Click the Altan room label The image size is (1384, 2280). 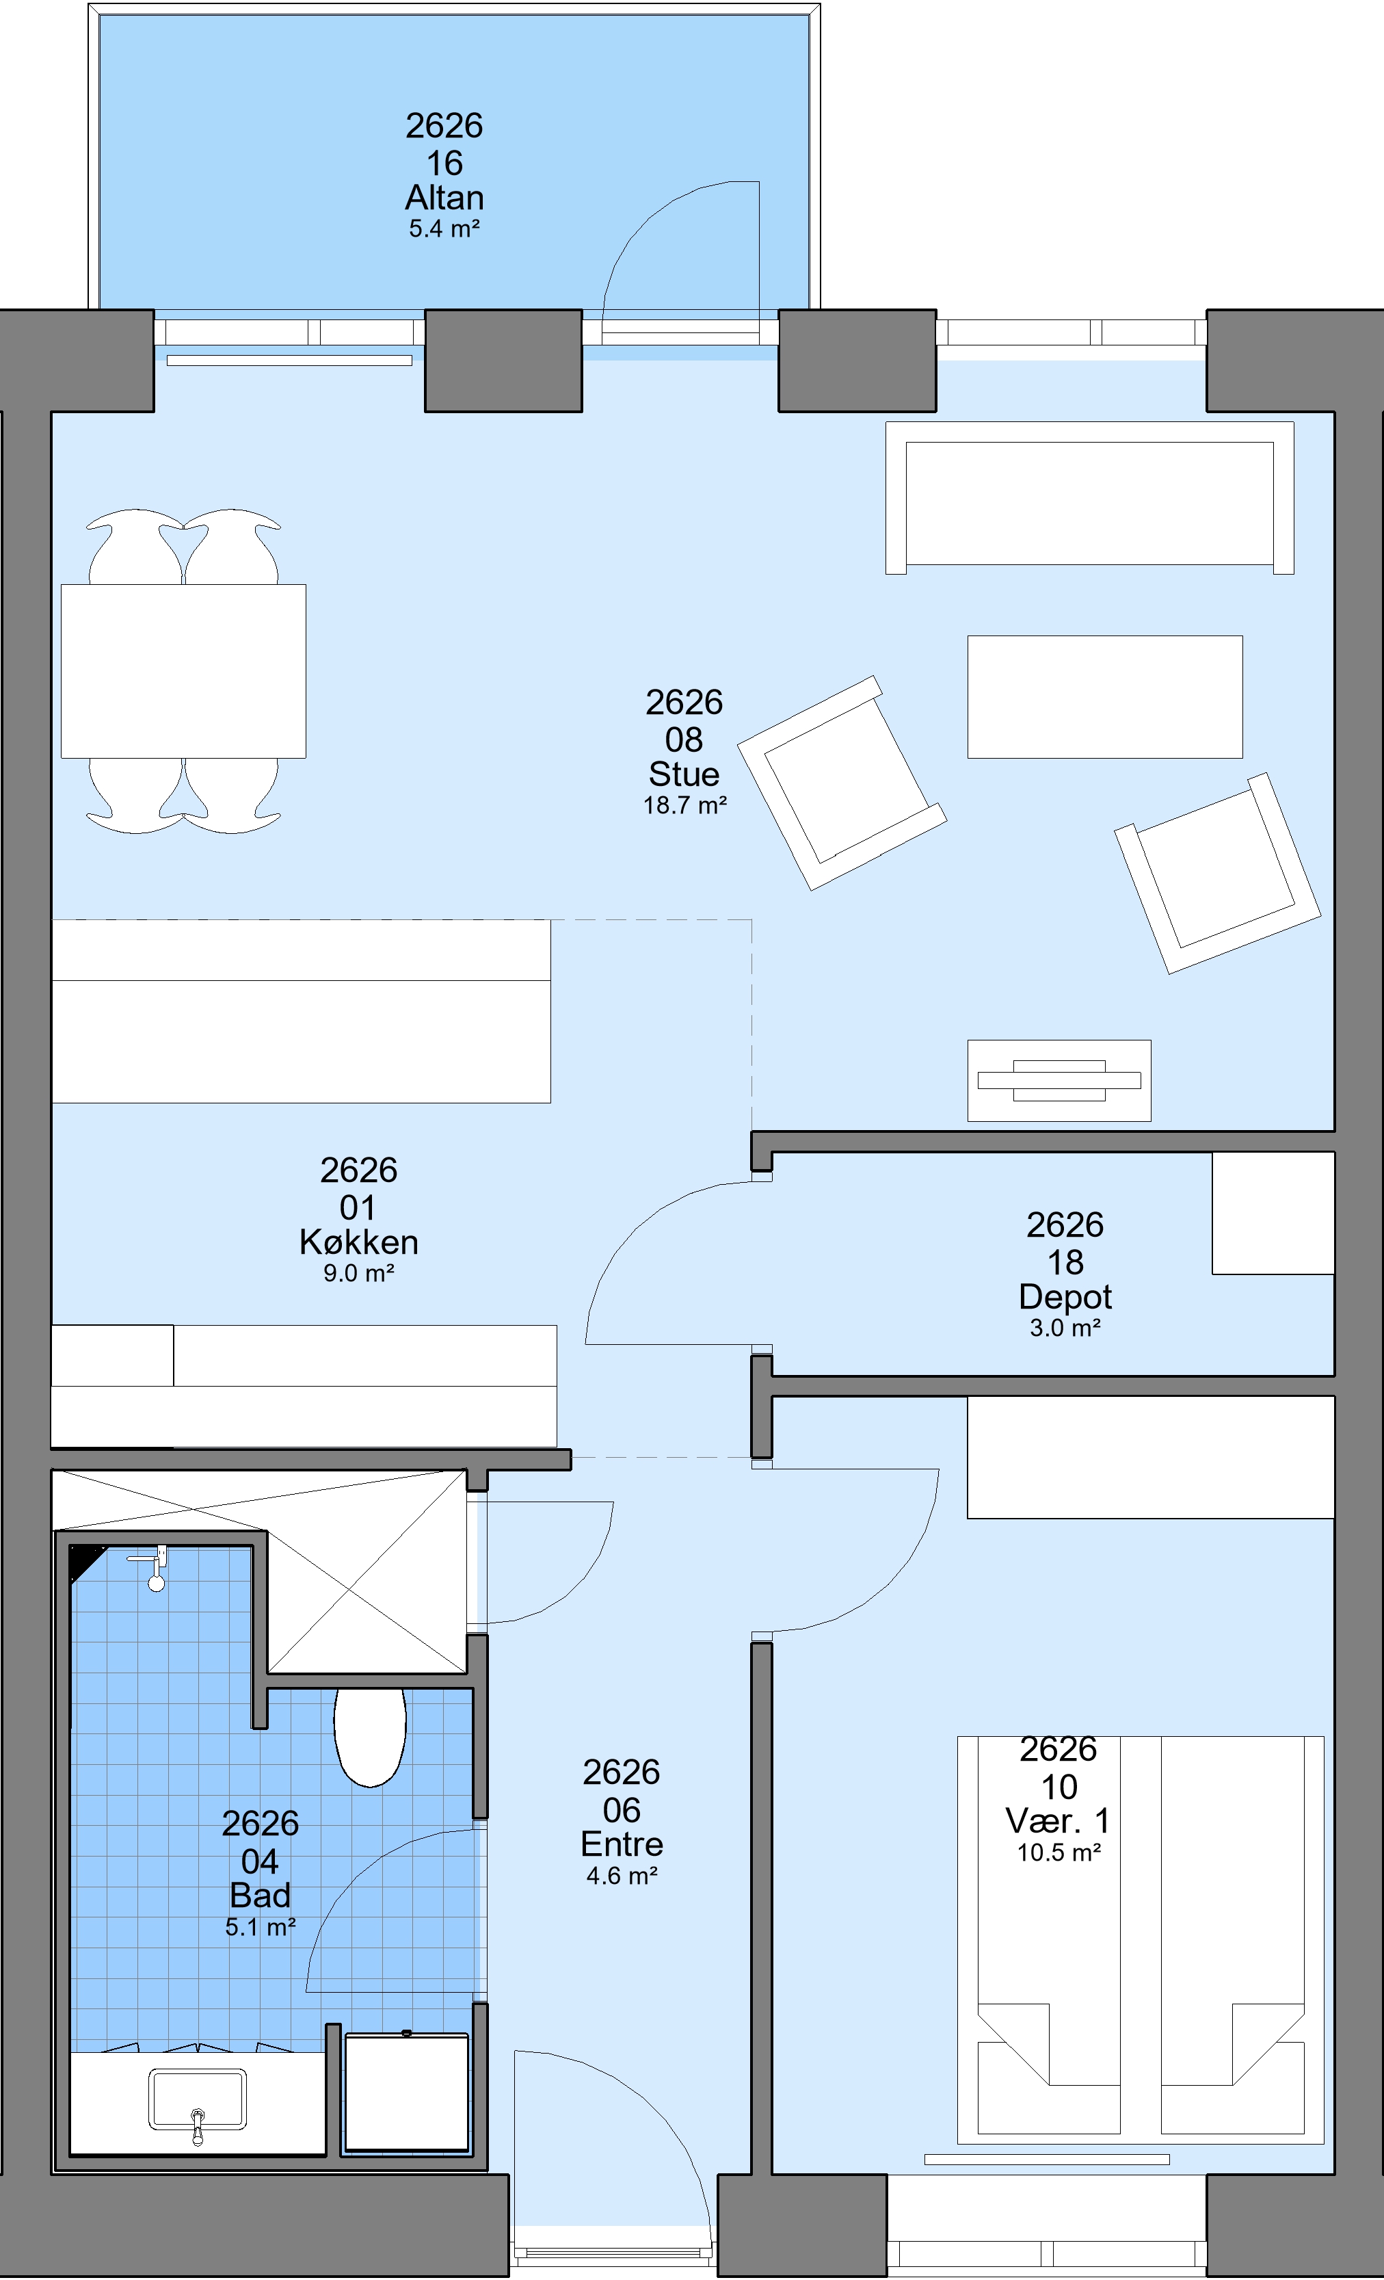(444, 197)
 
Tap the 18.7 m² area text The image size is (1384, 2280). (684, 805)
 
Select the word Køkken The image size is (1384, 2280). (359, 1242)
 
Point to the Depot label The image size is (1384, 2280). (1065, 1296)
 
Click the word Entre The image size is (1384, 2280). (622, 1844)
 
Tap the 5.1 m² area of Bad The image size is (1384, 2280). (260, 1928)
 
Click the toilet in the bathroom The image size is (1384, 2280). (370, 1737)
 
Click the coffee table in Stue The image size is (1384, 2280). (1104, 697)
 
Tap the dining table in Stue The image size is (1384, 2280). (183, 671)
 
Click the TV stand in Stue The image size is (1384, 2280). (1059, 1081)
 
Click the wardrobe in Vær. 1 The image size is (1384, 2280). (1151, 1456)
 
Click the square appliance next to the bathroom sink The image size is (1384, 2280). (406, 2091)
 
